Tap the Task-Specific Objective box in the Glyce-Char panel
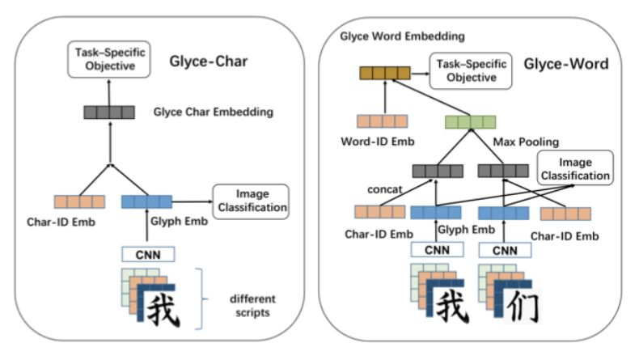[x=104, y=60]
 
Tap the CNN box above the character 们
[x=503, y=251]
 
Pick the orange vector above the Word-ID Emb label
[x=381, y=122]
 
